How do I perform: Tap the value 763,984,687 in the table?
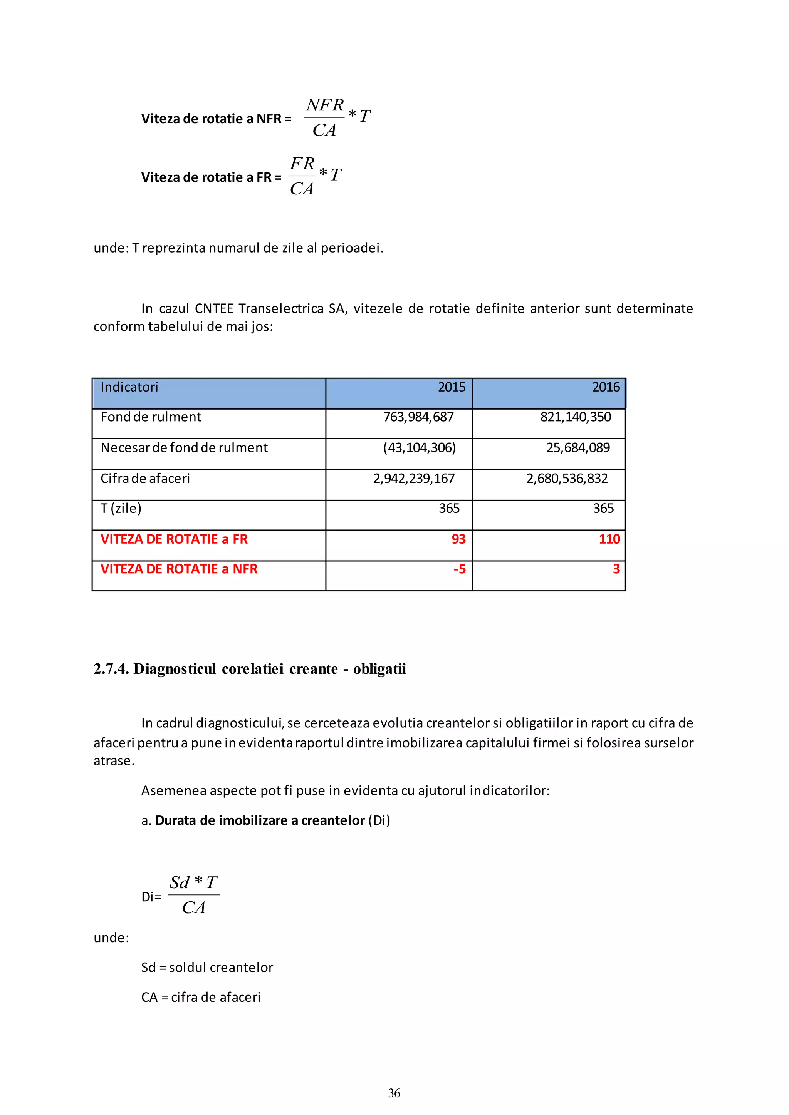[418, 417]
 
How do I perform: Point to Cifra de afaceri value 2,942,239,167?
[414, 479]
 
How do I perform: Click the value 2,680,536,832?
[567, 479]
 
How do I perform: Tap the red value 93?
[458, 539]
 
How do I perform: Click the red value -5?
[459, 569]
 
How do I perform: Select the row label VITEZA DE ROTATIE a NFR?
[179, 569]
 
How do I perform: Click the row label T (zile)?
[121, 509]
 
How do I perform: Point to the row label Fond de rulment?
[151, 417]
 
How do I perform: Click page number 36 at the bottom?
[394, 1093]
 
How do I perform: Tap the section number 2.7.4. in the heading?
[111, 669]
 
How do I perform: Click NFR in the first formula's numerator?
[324, 105]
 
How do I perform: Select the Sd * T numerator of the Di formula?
[193, 882]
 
